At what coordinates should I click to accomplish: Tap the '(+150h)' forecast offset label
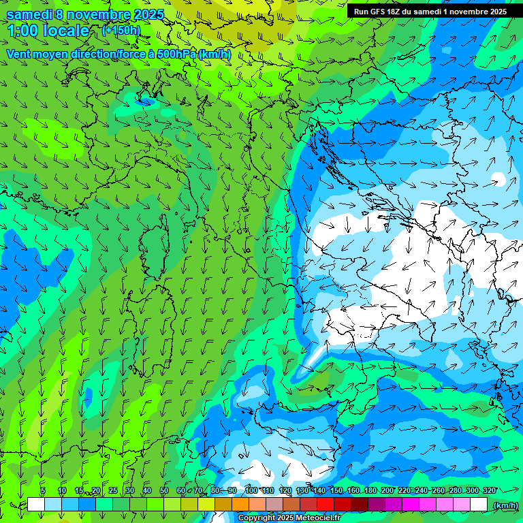tap(121, 30)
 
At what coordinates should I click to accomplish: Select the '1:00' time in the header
tap(25, 31)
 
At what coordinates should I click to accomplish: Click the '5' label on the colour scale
tap(43, 490)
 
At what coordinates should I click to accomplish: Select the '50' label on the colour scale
tap(164, 490)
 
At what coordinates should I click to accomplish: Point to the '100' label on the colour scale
tap(251, 490)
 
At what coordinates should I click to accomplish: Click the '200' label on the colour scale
tap(387, 490)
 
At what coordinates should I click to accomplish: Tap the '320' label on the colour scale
tap(490, 490)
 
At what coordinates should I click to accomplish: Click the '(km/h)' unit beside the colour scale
tap(505, 505)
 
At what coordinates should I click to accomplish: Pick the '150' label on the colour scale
tap(336, 490)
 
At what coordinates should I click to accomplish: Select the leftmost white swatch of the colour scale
tap(36, 505)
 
